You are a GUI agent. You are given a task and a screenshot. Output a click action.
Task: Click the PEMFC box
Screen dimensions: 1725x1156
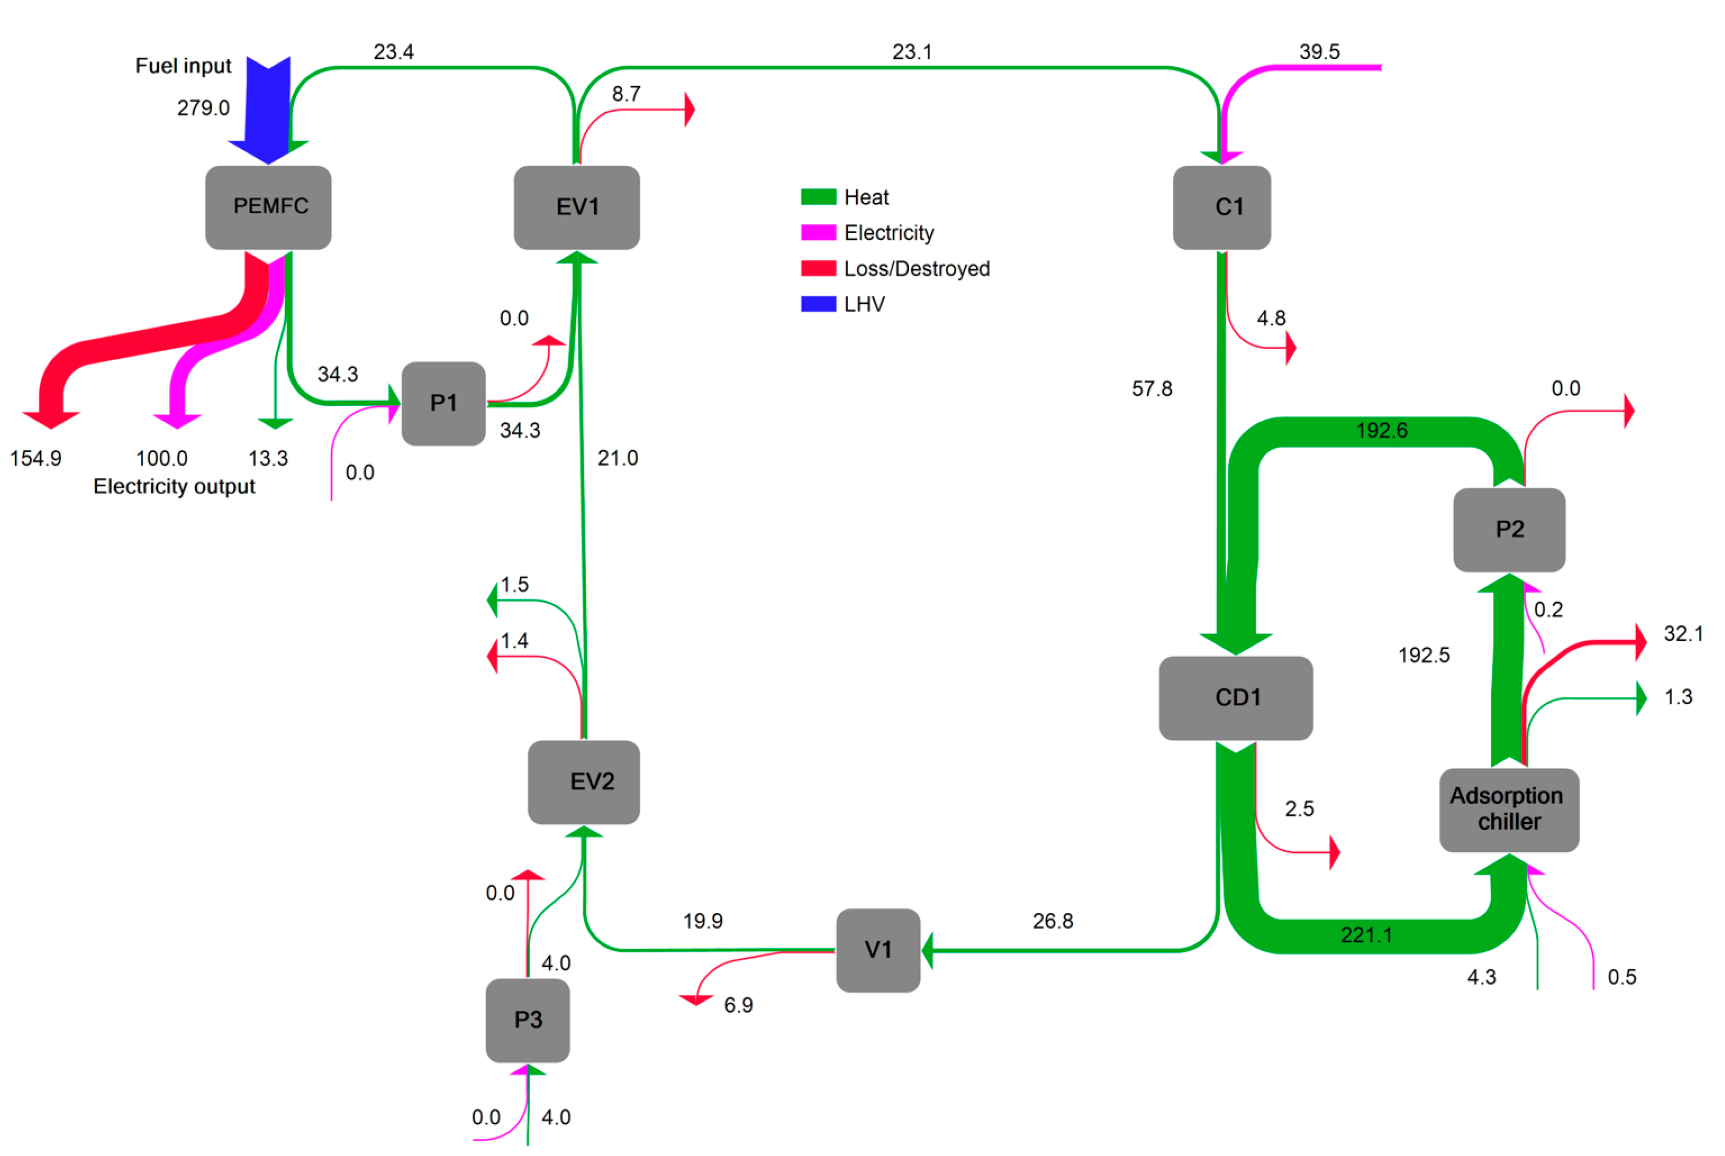coord(268,207)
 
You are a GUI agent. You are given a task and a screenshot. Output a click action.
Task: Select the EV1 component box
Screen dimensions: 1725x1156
coord(576,207)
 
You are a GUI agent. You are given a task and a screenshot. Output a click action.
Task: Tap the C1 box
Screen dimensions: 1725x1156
coord(1221,207)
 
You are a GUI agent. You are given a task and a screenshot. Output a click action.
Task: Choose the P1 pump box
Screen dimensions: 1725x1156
coord(443,403)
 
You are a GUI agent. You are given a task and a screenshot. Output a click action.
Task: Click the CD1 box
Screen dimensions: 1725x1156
coord(1236,698)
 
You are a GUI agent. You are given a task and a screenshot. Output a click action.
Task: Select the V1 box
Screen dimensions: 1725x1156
coord(878,951)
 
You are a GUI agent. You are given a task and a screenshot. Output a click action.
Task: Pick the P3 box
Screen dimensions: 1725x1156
coord(528,1021)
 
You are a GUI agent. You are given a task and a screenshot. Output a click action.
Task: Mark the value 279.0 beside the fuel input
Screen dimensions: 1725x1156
coord(203,108)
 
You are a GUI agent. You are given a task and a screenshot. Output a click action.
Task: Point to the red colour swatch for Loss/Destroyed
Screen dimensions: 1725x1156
coord(818,268)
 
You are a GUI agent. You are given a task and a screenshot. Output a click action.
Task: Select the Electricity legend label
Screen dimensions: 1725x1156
coord(889,233)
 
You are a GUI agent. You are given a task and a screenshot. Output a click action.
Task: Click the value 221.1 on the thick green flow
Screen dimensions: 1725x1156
coord(1366,935)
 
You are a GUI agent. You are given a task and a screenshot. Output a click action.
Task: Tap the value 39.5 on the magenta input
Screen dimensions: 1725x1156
coord(1319,52)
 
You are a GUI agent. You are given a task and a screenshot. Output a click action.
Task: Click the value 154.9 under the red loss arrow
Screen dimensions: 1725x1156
coord(36,459)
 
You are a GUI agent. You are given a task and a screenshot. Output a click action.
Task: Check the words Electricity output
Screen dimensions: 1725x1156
coord(174,487)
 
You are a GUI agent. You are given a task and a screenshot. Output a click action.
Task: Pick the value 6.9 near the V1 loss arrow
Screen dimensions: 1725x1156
coord(738,1005)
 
